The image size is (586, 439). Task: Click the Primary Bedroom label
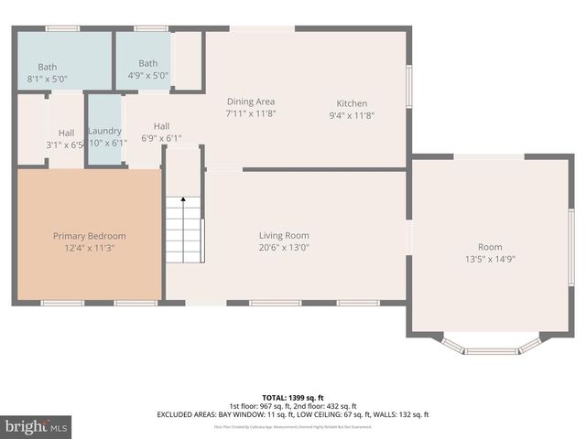[x=89, y=236]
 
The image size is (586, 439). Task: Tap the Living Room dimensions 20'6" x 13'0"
[x=284, y=247]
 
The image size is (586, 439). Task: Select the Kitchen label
[x=352, y=103]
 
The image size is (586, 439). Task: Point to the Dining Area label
[x=251, y=102]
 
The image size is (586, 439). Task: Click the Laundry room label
[x=104, y=131]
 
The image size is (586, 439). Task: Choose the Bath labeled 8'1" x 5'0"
[x=47, y=67]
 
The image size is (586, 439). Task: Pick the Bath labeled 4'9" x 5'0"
[x=147, y=63]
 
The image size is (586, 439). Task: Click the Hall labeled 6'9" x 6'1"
[x=161, y=126]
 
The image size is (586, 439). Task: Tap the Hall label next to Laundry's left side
[x=66, y=133]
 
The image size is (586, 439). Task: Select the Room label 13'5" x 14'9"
[x=490, y=247]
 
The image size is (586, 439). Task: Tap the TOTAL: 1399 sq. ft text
[x=292, y=398]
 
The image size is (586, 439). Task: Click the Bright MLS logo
[x=35, y=426]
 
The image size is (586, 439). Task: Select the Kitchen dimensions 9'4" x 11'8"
[x=352, y=115]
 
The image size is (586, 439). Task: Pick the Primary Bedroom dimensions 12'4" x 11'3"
[x=89, y=248]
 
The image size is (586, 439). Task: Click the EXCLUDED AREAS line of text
[x=292, y=415]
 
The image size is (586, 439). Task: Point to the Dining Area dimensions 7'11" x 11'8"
[x=251, y=113]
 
